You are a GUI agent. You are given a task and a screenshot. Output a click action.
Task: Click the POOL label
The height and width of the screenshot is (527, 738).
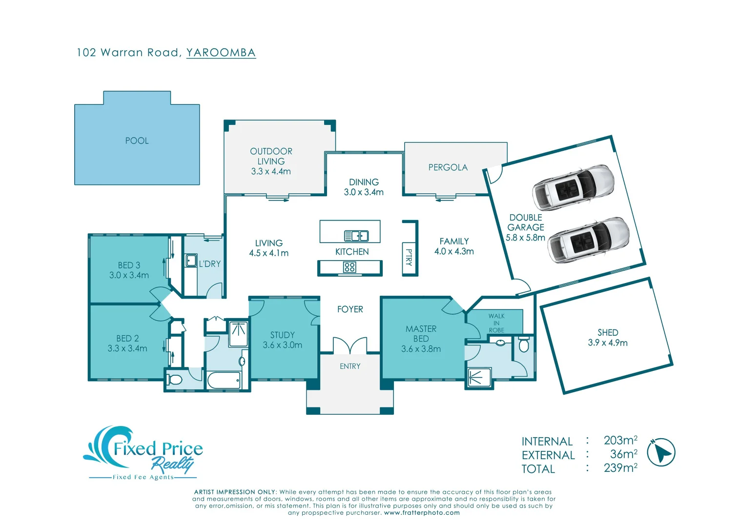tap(137, 141)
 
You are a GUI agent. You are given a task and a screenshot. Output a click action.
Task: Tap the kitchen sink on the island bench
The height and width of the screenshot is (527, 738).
tap(356, 236)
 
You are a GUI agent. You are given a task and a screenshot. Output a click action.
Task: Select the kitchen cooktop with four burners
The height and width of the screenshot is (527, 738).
tap(349, 267)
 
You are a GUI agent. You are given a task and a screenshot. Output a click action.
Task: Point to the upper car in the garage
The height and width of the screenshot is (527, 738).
tap(573, 187)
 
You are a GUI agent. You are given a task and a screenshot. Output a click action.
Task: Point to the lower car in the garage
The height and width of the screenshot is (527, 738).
tap(588, 240)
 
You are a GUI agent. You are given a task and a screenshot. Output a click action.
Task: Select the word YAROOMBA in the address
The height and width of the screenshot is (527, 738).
tap(221, 53)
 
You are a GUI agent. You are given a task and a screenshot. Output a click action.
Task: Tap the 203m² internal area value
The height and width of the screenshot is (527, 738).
tap(620, 441)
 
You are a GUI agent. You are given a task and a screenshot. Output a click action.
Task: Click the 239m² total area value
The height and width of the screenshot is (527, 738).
tap(620, 468)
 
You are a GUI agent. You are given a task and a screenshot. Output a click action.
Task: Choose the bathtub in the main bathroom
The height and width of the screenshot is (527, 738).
tap(224, 380)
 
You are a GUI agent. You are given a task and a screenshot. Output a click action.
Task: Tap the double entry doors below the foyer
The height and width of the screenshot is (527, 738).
tap(350, 345)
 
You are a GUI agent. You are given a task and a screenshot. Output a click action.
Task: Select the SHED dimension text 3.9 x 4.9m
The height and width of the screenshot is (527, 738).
tap(608, 343)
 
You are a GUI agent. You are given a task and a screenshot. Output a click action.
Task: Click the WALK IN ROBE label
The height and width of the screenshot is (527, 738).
tap(496, 323)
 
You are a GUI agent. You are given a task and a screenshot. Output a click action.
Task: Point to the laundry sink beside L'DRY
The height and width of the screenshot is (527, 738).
tap(191, 261)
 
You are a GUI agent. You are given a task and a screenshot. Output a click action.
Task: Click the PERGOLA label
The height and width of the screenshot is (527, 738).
tap(448, 168)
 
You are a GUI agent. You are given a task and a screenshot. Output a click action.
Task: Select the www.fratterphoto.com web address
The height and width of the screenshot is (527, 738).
tap(422, 513)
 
